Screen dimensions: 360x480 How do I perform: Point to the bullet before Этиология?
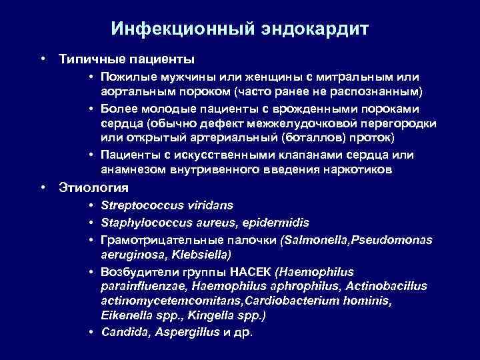pos(43,188)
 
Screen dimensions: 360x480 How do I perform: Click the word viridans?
pos(208,206)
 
